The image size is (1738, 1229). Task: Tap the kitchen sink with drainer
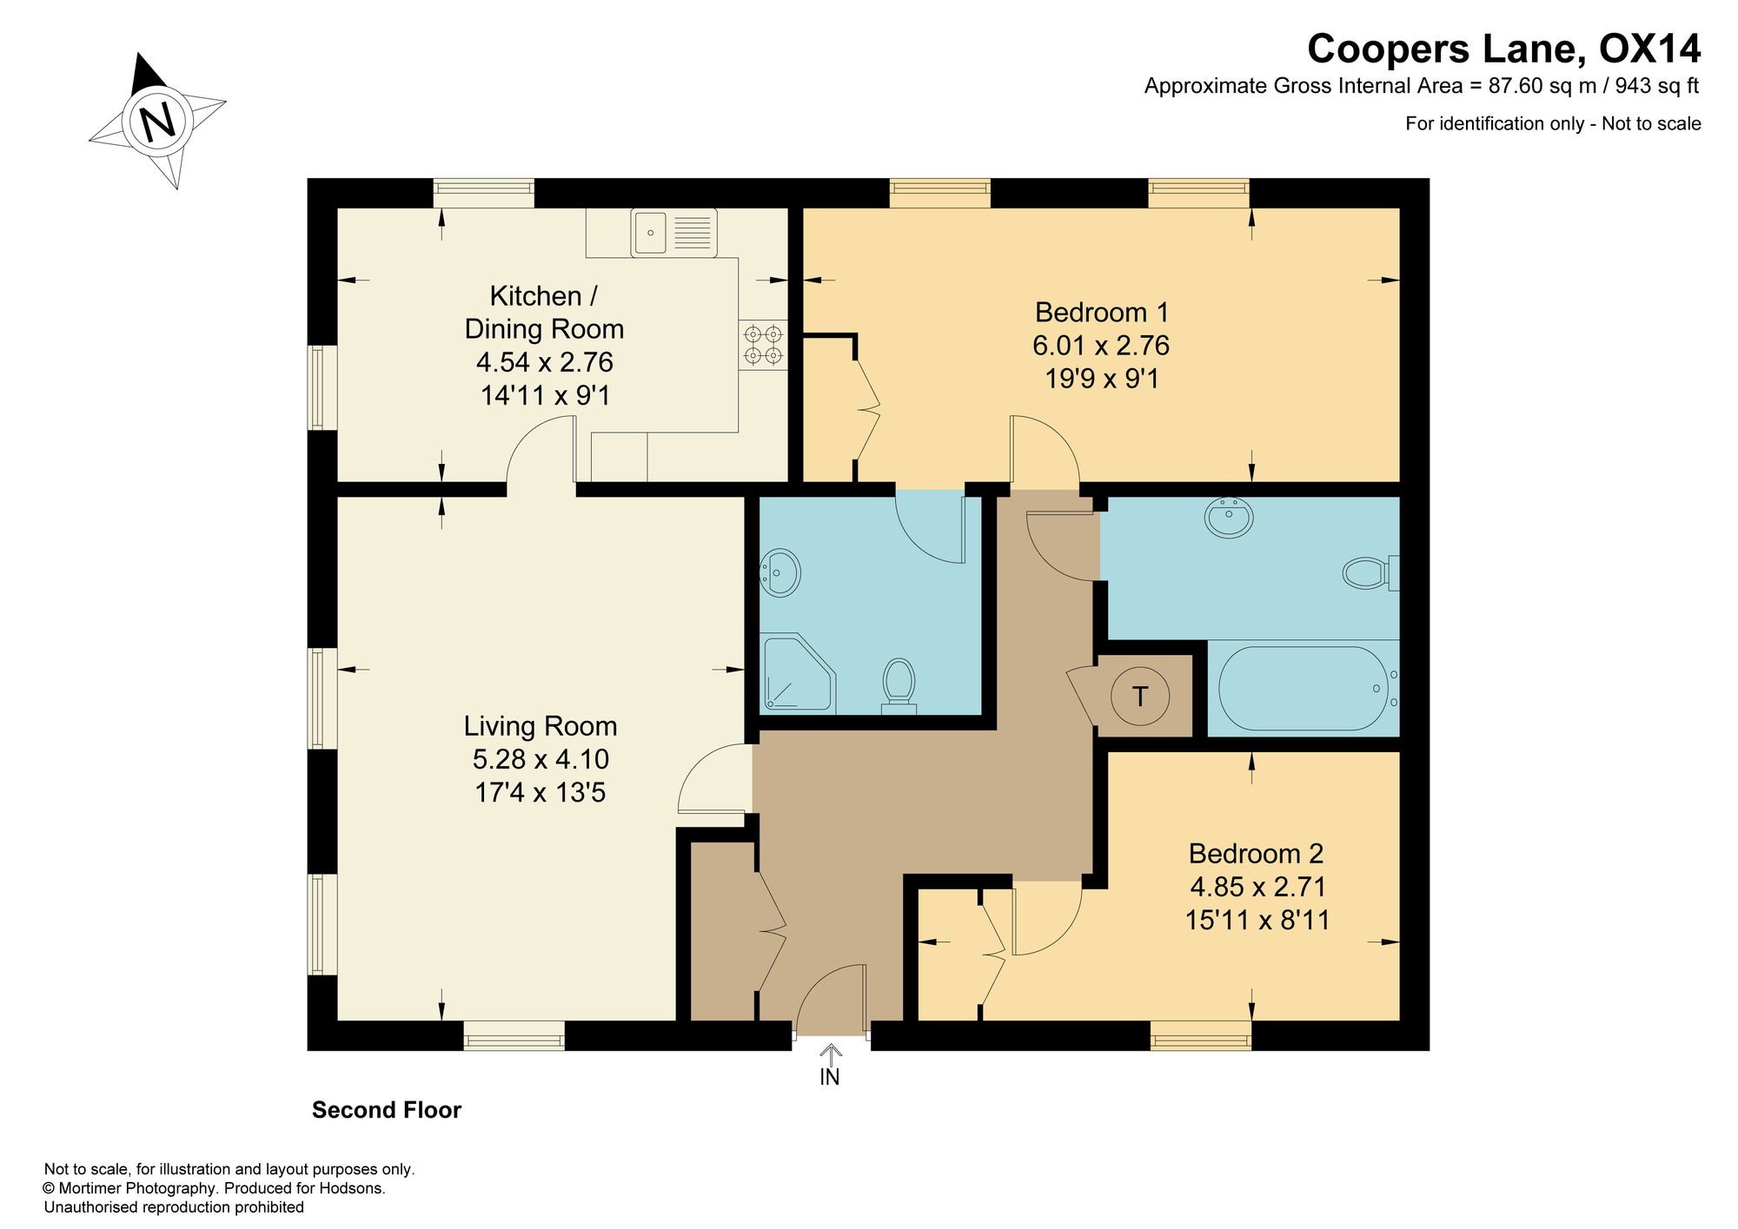click(673, 233)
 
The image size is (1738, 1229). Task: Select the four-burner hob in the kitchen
click(763, 345)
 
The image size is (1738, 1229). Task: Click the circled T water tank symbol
click(1140, 696)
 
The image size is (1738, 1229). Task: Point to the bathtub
click(1302, 688)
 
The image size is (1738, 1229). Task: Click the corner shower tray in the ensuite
click(798, 673)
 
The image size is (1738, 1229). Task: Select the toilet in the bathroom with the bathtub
click(1370, 572)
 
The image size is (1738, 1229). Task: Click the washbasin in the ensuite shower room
click(780, 572)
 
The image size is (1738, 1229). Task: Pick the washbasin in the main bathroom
click(1229, 519)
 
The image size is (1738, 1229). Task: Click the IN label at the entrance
click(830, 1077)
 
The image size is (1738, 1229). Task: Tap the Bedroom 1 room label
click(1102, 312)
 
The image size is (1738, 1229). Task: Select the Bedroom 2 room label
click(1256, 853)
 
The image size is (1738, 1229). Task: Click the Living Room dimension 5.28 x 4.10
click(541, 759)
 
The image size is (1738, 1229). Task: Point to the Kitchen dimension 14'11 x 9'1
click(546, 395)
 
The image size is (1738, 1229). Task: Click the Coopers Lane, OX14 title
click(1504, 49)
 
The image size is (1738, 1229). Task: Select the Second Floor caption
click(387, 1110)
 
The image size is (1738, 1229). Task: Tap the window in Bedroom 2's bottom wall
click(1201, 1035)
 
